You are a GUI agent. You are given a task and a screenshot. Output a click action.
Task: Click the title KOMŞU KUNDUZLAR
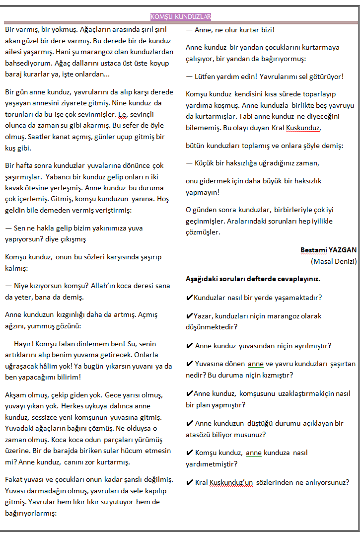(181, 17)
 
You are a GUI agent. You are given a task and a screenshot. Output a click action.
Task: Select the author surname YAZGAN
(341, 250)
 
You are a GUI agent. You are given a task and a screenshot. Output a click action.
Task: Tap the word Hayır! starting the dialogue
(23, 343)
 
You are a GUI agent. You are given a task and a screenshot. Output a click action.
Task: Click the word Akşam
(16, 395)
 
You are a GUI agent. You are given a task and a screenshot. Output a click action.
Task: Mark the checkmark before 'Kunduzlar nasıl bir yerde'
(189, 298)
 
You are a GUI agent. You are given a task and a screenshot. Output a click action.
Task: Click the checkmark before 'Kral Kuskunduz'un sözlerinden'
(189, 482)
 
